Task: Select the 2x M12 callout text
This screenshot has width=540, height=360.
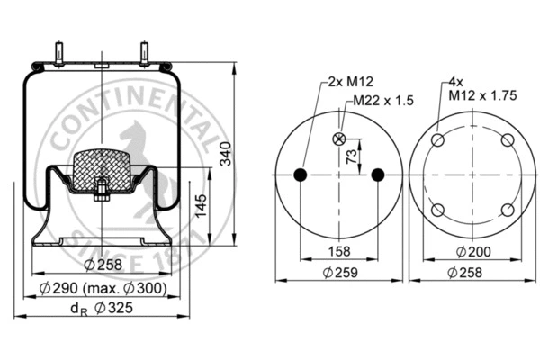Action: [345, 81]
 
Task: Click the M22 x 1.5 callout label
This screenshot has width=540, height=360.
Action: [382, 101]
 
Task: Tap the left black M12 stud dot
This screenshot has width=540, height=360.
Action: [301, 175]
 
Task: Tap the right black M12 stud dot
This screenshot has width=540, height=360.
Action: [378, 175]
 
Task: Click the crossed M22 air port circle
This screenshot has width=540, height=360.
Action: [339, 139]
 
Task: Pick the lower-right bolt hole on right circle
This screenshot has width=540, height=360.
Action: [508, 210]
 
